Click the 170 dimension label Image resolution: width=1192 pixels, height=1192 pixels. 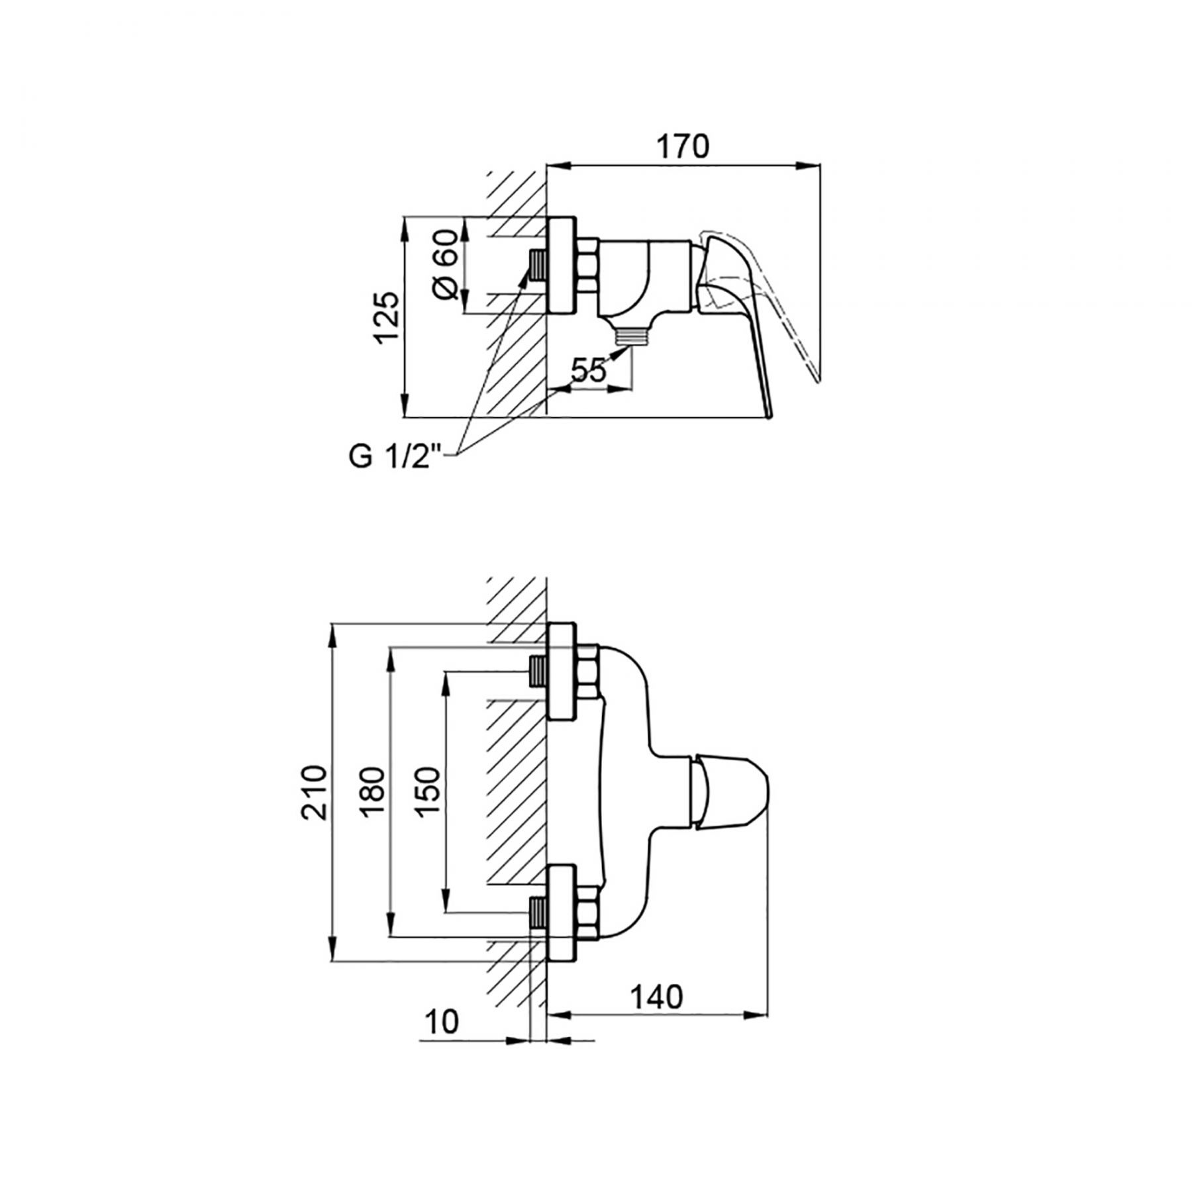(x=682, y=146)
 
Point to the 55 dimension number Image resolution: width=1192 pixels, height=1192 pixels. (x=589, y=371)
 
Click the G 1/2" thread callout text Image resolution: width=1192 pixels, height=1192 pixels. (x=394, y=458)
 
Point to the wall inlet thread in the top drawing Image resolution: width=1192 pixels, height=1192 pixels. (x=537, y=266)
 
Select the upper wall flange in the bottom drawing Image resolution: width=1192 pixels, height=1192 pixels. (x=562, y=671)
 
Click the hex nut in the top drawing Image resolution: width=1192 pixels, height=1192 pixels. (x=587, y=266)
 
